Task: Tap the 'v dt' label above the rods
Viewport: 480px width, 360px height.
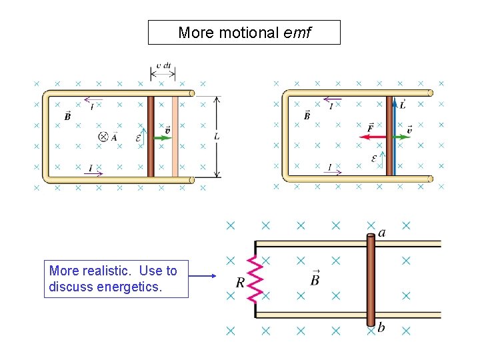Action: coord(163,67)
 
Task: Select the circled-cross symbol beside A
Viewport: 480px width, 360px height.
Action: coord(103,137)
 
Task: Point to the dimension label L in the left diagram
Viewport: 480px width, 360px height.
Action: coord(218,137)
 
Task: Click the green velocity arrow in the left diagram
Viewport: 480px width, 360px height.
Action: coord(163,137)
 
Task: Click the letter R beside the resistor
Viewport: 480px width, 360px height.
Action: coord(240,283)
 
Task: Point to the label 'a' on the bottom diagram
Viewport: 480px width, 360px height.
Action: coord(381,233)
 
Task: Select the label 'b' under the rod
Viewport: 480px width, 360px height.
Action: coord(381,327)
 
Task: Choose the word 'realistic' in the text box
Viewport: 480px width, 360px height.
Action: coord(105,271)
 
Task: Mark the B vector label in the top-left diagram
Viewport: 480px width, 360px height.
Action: coord(67,116)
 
